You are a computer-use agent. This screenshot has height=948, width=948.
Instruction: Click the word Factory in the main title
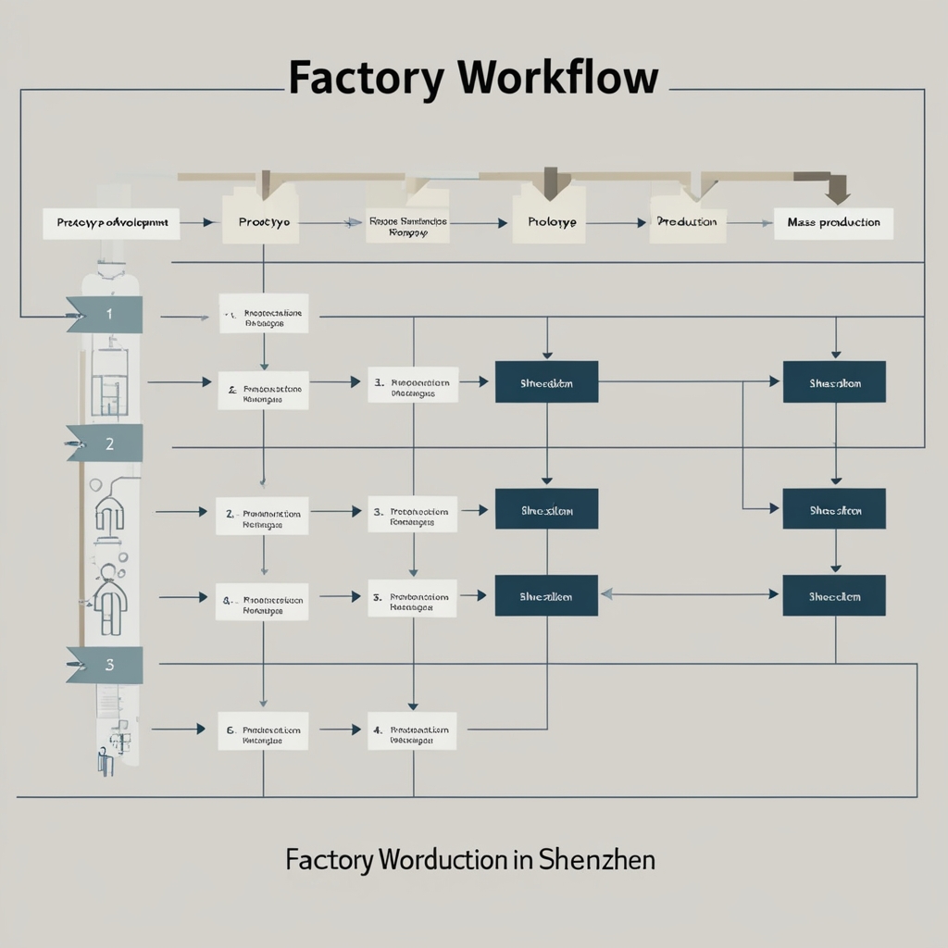[x=365, y=78]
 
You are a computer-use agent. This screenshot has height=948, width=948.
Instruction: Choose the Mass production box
[x=833, y=223]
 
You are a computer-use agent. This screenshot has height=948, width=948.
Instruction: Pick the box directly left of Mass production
[x=686, y=223]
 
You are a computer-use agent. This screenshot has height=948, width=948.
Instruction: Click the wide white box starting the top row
[x=111, y=223]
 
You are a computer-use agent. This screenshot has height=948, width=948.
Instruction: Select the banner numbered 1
[x=104, y=314]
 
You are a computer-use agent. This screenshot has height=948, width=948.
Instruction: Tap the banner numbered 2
[x=104, y=443]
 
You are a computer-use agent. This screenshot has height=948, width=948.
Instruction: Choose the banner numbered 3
[x=105, y=664]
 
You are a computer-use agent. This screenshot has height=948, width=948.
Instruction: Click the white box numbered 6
[x=264, y=730]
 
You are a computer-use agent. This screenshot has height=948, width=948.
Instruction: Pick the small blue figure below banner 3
[x=106, y=762]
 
